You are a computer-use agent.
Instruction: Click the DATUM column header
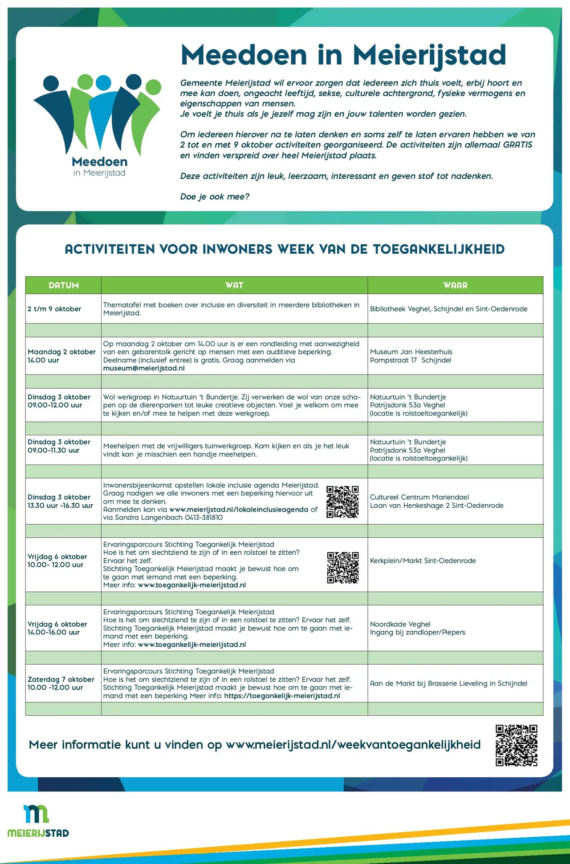[64, 285]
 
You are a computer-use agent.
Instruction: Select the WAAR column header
[455, 285]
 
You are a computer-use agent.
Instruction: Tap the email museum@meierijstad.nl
[144, 368]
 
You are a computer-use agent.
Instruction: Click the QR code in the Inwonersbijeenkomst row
[342, 502]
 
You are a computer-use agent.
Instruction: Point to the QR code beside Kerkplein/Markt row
[342, 568]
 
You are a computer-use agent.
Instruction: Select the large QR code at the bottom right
[516, 745]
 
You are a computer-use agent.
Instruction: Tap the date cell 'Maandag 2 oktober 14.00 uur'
[61, 356]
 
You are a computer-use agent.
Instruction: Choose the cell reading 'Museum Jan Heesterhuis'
[411, 352]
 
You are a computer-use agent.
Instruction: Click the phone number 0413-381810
[198, 518]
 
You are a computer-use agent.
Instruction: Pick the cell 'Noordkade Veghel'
[400, 624]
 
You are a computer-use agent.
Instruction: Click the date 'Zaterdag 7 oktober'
[61, 679]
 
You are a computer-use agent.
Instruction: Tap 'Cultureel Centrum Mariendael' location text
[419, 497]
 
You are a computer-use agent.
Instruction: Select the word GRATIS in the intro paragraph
[517, 145]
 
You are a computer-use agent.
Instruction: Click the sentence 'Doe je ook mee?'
[215, 196]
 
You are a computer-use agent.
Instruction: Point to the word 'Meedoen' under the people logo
[99, 162]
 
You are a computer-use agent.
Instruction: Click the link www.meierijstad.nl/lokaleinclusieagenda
[239, 510]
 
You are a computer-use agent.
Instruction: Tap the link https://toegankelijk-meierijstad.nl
[282, 696]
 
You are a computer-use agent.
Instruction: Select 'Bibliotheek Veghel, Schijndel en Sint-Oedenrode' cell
[448, 309]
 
